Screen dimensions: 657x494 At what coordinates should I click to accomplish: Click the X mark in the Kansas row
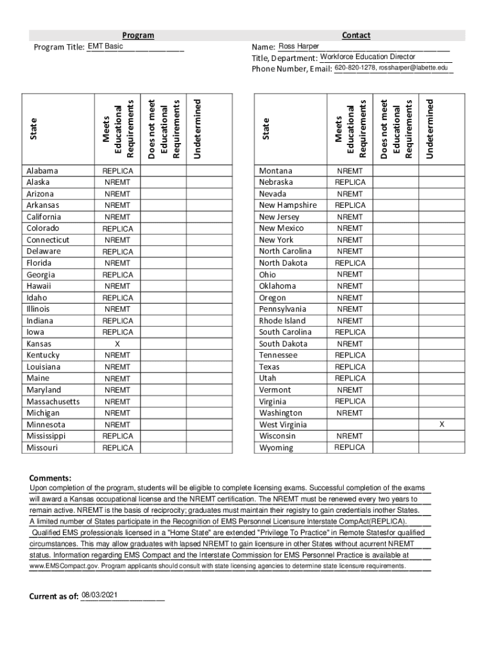tap(117, 344)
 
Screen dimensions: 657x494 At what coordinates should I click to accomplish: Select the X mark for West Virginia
tap(441, 425)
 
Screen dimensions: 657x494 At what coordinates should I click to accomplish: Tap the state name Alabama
tap(42, 171)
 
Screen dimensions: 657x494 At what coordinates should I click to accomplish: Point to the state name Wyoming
tap(276, 448)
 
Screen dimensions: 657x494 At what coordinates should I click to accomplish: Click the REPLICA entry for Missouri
tap(118, 448)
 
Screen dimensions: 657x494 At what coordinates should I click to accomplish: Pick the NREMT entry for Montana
tap(350, 171)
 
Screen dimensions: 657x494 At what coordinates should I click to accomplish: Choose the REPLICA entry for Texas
tap(350, 367)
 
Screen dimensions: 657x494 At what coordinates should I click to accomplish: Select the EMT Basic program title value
tap(105, 46)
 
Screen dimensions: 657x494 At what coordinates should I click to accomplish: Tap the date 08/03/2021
tap(100, 595)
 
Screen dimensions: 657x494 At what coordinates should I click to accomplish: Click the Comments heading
tap(51, 478)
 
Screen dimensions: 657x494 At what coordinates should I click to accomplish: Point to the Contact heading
tap(356, 35)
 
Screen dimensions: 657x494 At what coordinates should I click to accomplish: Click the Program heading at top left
tap(138, 35)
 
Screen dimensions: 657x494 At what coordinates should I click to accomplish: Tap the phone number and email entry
tap(391, 68)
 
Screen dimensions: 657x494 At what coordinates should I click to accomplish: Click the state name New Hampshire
tap(288, 205)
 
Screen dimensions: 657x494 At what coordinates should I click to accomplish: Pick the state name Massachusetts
tap(53, 402)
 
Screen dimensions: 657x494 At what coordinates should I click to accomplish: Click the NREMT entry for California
tap(117, 217)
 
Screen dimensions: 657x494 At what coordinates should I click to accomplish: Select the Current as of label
tap(53, 597)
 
